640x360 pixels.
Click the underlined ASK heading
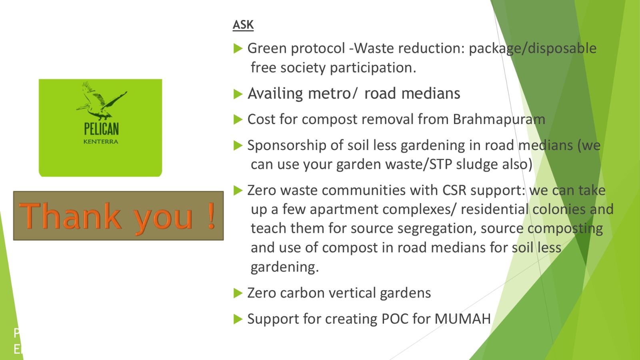click(x=243, y=25)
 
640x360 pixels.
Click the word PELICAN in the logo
click(x=101, y=129)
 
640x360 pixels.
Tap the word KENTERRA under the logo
click(x=100, y=142)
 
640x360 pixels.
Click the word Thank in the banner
click(x=70, y=216)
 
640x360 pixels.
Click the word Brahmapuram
click(x=499, y=120)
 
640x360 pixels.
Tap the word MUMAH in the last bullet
click(x=462, y=319)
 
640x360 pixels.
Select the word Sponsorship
click(x=287, y=146)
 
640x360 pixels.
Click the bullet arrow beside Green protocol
click(x=238, y=48)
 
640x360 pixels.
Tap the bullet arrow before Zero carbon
click(x=238, y=293)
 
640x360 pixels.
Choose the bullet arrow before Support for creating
click(x=238, y=319)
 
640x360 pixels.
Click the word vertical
click(x=352, y=293)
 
